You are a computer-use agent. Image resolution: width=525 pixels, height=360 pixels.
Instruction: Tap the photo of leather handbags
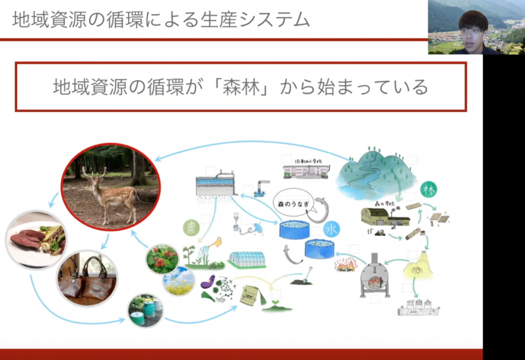[87, 278]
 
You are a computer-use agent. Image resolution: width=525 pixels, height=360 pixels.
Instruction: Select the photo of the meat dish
[37, 240]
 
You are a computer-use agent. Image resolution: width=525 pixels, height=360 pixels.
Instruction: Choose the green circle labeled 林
[429, 190]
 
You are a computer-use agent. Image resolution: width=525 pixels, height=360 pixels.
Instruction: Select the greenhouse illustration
[247, 260]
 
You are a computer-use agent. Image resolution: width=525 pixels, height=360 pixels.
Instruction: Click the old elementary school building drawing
[306, 171]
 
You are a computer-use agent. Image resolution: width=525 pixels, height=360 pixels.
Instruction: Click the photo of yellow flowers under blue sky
[178, 281]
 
